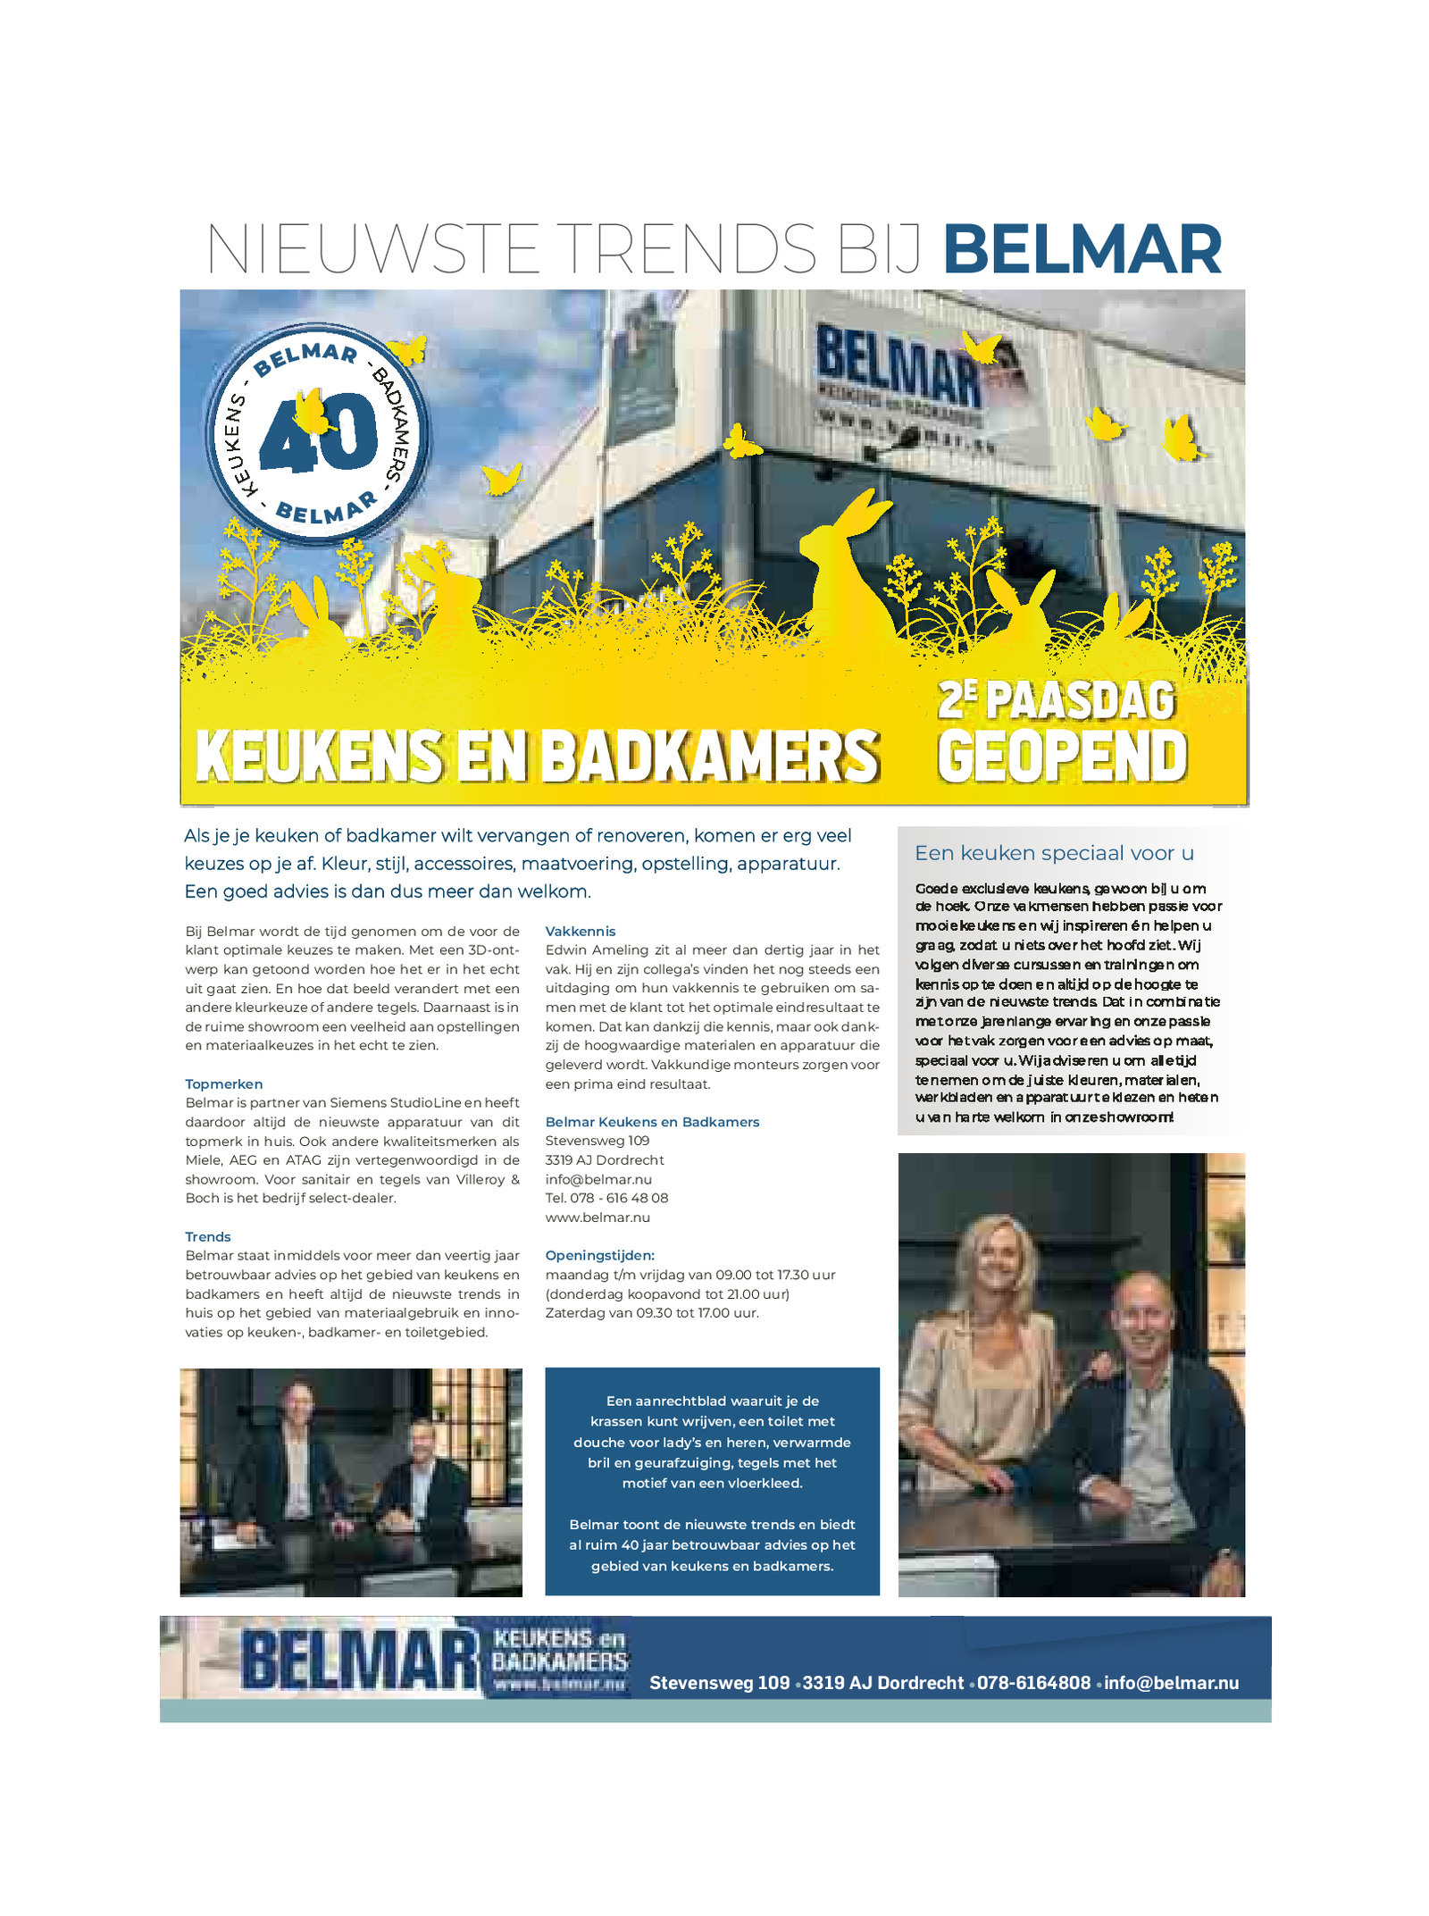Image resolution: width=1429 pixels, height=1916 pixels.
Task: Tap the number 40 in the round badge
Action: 319,434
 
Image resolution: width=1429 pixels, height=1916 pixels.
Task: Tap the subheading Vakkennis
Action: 581,931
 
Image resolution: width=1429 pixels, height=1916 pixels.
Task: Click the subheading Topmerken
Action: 223,1084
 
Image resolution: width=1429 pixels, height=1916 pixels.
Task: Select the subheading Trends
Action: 207,1236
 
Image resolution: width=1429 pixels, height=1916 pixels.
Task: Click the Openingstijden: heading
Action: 599,1255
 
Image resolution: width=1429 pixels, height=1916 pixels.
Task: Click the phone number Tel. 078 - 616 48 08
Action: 606,1198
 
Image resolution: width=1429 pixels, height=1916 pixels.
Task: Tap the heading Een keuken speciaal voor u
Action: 1054,853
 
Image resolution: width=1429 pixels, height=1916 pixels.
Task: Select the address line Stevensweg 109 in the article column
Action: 598,1141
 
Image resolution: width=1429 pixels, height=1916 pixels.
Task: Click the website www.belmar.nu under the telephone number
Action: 598,1217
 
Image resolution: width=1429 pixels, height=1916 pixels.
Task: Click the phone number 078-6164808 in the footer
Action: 1033,1683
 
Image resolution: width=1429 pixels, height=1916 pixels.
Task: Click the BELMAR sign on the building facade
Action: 898,368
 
